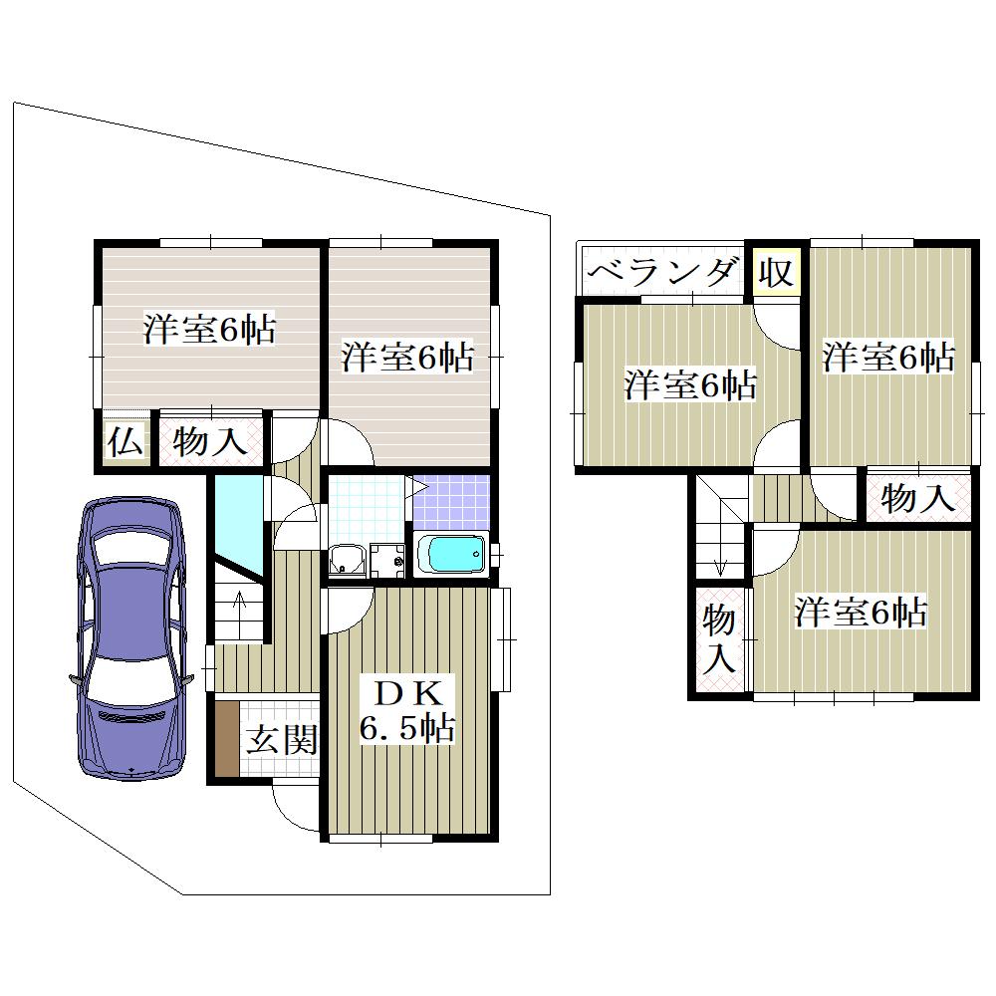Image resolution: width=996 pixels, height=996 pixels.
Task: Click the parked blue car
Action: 130,637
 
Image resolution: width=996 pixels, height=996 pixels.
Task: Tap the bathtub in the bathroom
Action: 451,554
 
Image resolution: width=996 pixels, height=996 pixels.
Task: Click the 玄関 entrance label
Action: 282,739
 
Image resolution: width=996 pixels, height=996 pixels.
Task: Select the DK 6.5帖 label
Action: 406,711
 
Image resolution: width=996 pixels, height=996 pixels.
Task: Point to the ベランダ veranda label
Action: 662,273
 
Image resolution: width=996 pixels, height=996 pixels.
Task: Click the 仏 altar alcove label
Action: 125,442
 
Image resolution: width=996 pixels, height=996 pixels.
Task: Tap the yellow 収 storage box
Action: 776,273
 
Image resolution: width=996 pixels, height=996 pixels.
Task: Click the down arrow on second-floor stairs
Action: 720,559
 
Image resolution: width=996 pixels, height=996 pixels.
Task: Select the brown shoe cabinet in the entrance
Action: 227,738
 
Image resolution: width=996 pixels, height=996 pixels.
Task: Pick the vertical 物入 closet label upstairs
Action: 719,638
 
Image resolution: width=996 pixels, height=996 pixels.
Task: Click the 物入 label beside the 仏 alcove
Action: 209,441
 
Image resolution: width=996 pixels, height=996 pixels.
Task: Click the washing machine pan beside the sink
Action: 387,561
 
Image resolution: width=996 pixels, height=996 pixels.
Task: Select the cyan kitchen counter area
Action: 238,526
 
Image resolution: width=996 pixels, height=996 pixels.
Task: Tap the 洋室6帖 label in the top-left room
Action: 209,329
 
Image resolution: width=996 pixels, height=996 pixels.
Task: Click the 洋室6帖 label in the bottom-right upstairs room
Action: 861,613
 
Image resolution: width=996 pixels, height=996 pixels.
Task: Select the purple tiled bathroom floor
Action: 451,502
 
